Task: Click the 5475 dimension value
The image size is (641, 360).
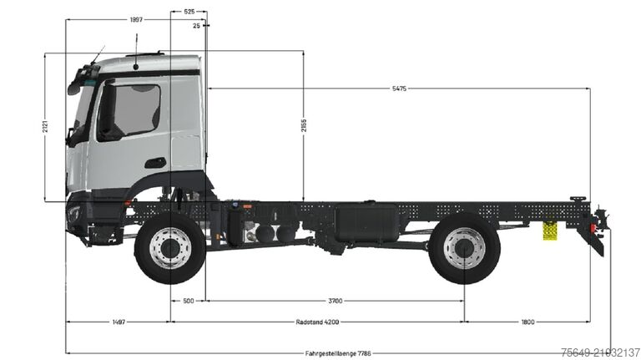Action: (x=397, y=89)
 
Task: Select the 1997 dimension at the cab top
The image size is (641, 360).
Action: (x=135, y=18)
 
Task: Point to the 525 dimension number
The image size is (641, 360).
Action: (x=189, y=13)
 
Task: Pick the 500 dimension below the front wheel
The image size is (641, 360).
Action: (x=188, y=301)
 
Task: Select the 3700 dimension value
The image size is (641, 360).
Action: (x=335, y=301)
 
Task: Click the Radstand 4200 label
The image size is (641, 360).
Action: (x=317, y=322)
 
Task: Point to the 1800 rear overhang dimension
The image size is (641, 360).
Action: (x=527, y=322)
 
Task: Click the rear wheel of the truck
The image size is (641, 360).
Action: (x=464, y=248)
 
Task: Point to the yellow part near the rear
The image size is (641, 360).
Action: (x=550, y=231)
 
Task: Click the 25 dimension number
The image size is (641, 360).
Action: (x=196, y=26)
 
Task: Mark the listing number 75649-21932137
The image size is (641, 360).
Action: (x=600, y=352)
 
